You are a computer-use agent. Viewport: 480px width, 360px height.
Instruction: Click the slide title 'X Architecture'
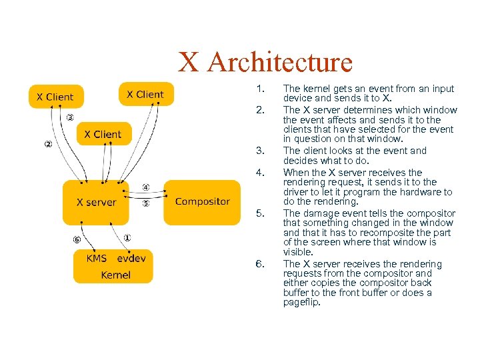[265, 63]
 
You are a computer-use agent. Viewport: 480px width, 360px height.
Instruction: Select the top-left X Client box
[55, 97]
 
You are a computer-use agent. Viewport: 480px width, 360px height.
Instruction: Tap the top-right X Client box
[145, 94]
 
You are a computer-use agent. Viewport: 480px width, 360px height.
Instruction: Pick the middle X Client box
[103, 134]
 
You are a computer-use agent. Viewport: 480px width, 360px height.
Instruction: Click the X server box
[96, 202]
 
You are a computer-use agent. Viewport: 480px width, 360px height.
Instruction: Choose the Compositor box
[202, 201]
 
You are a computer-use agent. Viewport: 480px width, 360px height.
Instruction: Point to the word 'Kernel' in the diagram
[116, 275]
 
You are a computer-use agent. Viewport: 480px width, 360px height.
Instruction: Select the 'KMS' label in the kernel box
[97, 258]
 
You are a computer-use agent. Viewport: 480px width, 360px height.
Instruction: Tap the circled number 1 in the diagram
[127, 237]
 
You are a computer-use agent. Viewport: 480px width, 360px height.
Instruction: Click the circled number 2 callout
[48, 144]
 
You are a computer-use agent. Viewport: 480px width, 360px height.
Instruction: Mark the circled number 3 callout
[69, 118]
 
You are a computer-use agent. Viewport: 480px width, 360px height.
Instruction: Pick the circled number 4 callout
[146, 187]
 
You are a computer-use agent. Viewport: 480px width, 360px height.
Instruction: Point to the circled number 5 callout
[146, 203]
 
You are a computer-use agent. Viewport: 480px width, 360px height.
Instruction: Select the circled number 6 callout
[77, 239]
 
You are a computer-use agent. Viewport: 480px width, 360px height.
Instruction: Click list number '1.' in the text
[261, 89]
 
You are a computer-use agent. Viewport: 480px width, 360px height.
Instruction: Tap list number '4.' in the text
[261, 173]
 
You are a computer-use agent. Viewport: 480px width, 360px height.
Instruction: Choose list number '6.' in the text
[261, 264]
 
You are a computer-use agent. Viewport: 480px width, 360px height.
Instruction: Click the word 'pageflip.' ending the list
[302, 302]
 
